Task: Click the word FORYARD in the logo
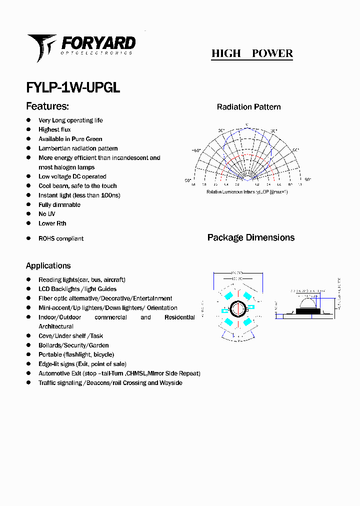point(98,42)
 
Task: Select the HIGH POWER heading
point(252,53)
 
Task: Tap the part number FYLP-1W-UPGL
point(73,87)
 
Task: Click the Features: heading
point(47,106)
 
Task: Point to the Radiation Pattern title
point(248,107)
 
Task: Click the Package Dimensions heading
point(251,237)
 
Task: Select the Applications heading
point(48,265)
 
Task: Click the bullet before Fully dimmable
point(28,204)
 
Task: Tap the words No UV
point(46,214)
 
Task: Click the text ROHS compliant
point(61,238)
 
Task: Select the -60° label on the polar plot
point(196,150)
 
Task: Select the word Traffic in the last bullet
point(48,383)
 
